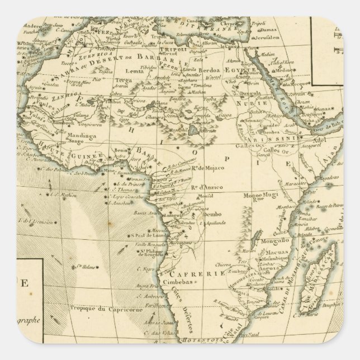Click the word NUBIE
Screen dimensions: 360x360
(x=252, y=104)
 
